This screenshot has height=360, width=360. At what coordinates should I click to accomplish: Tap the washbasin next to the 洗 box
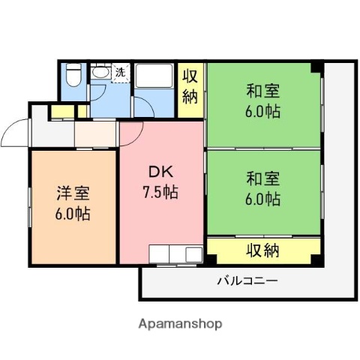tap(100, 73)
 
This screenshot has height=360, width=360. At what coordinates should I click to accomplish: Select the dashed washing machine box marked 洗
tap(120, 73)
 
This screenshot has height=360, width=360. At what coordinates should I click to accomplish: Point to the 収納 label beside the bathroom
tap(191, 86)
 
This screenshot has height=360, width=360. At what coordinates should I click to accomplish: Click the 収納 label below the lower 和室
tap(263, 249)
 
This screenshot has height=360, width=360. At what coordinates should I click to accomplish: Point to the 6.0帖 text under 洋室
tap(73, 214)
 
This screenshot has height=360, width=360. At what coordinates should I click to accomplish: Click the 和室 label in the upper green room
tap(262, 91)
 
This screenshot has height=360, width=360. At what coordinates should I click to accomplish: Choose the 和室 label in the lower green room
tap(262, 179)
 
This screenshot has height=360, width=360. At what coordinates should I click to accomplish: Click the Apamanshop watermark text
tap(180, 324)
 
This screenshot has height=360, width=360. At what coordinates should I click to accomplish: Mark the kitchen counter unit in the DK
tap(176, 253)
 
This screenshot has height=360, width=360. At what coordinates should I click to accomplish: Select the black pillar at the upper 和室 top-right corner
tap(316, 68)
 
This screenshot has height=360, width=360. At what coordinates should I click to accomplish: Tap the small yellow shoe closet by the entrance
tap(56, 113)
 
